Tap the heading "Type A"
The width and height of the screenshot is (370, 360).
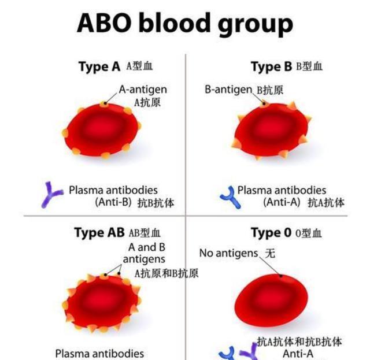pyautogui.click(x=99, y=67)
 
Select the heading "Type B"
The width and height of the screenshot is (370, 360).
pyautogui.click(x=271, y=67)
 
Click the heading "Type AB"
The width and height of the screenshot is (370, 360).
pyautogui.click(x=99, y=233)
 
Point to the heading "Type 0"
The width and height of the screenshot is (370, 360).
pyautogui.click(x=271, y=233)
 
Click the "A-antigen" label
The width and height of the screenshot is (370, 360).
pyautogui.click(x=143, y=90)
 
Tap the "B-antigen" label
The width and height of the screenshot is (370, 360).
pyautogui.click(x=228, y=90)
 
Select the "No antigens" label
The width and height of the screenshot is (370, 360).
pyautogui.click(x=228, y=253)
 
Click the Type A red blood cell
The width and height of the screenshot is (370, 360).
pyautogui.click(x=102, y=130)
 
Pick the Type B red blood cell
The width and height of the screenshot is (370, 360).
pyautogui.click(x=271, y=130)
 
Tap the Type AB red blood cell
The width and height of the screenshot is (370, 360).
pyautogui.click(x=102, y=302)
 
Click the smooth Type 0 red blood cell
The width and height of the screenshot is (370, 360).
pyautogui.click(x=271, y=300)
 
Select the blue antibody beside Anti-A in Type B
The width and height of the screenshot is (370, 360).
pyautogui.click(x=231, y=197)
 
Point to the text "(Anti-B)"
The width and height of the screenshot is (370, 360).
pyautogui.click(x=113, y=202)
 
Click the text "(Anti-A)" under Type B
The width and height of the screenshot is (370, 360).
pyautogui.click(x=282, y=202)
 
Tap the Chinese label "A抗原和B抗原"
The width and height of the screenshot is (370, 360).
pyautogui.click(x=166, y=273)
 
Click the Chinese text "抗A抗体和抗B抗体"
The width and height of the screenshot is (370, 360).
pyautogui.click(x=299, y=342)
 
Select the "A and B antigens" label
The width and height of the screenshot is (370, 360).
pyautogui.click(x=144, y=253)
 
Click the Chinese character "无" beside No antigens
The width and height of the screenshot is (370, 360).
pyautogui.click(x=270, y=253)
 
